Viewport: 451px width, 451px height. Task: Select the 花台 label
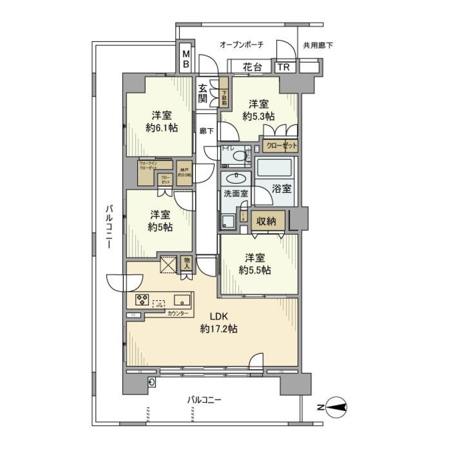(252, 67)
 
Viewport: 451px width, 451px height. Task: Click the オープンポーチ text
(242, 45)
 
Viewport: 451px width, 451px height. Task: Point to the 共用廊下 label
(318, 46)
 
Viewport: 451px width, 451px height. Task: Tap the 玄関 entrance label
(203, 93)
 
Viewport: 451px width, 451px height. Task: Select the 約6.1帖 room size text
(162, 128)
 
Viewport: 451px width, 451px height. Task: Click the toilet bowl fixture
(240, 156)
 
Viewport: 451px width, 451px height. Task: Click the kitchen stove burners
(142, 299)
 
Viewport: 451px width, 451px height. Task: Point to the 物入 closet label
(187, 263)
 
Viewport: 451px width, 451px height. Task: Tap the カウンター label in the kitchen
(178, 313)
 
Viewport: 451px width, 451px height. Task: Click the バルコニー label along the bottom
(204, 400)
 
